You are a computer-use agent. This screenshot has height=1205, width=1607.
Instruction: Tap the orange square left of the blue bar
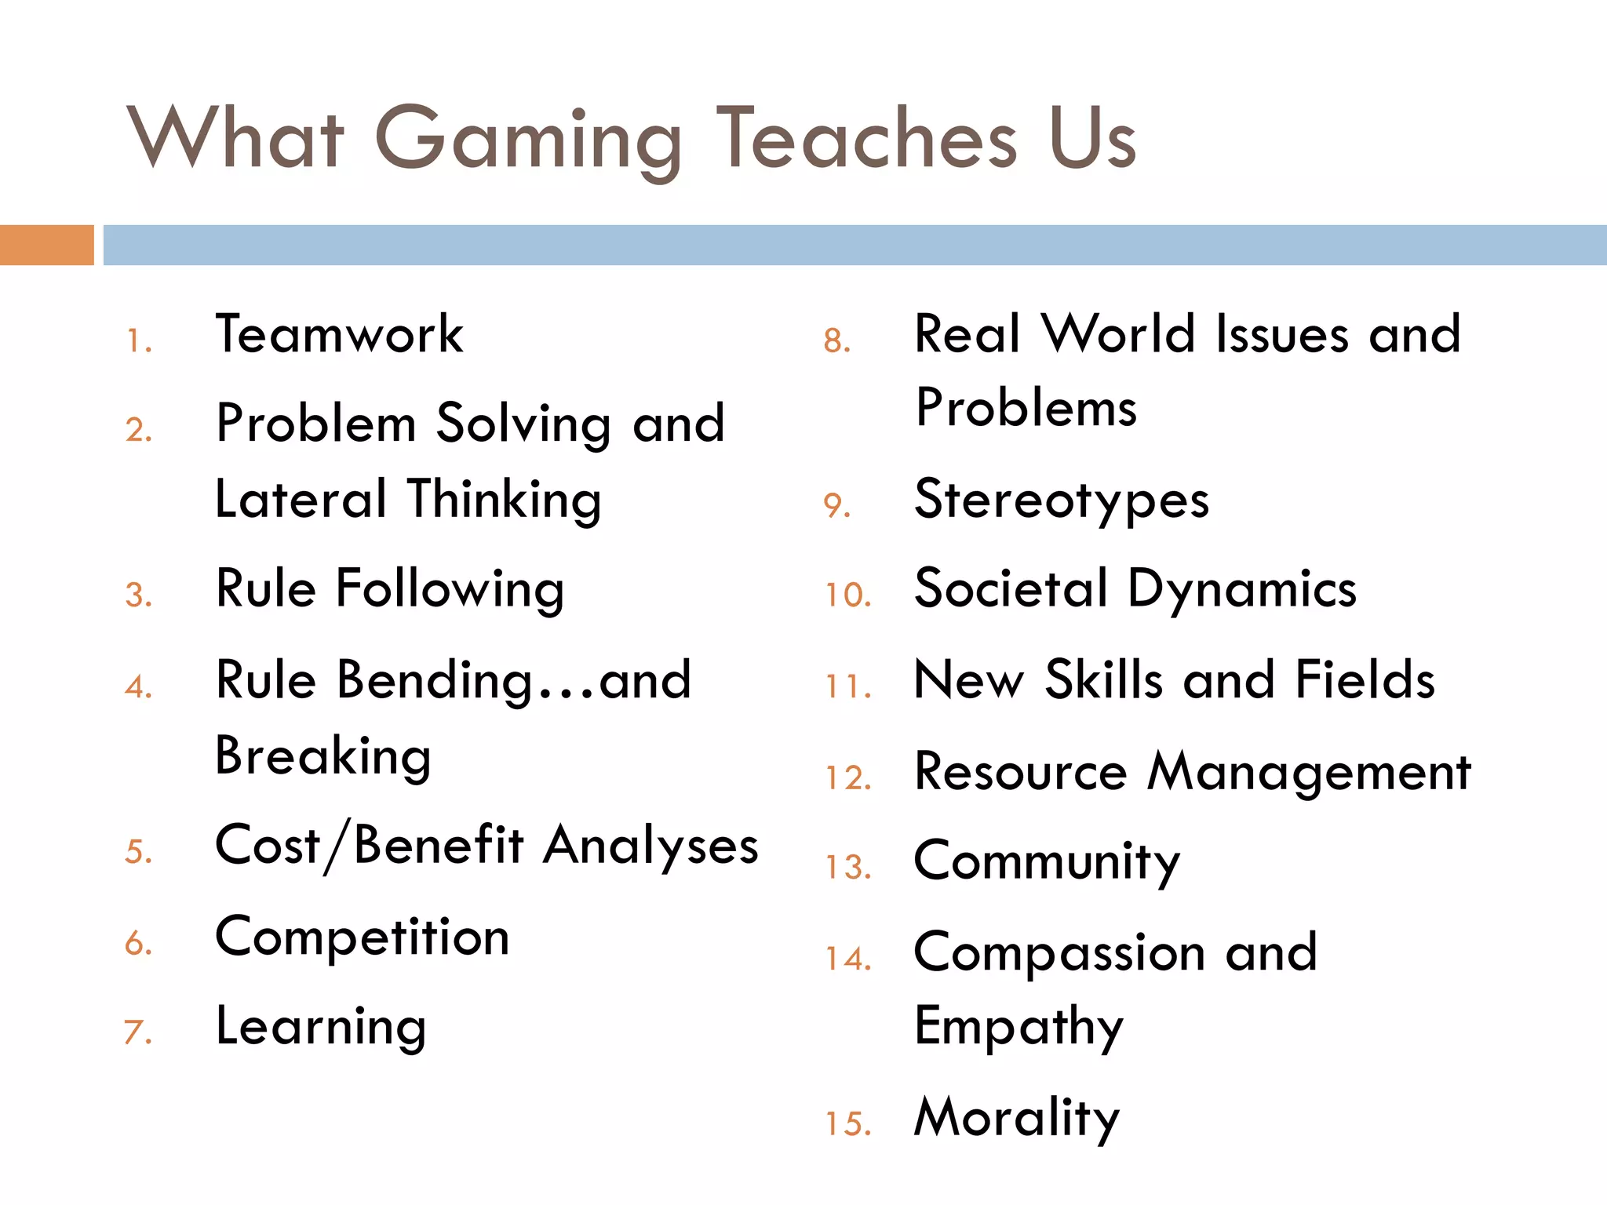pos(46,245)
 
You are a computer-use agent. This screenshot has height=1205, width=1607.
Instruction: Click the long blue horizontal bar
pos(855,245)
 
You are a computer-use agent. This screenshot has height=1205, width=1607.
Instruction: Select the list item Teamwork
pos(339,335)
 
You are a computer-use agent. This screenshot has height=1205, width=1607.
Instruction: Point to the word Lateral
pos(301,500)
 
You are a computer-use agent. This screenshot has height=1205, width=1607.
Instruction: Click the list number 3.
pos(138,595)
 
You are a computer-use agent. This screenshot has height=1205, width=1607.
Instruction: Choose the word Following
pos(450,589)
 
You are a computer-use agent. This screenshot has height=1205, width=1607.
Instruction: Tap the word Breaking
pos(323,757)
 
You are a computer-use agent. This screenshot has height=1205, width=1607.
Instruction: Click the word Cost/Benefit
pos(370,846)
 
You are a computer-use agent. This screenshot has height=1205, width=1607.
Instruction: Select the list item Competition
pos(363,937)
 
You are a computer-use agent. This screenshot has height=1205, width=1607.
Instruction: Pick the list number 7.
pos(138,1032)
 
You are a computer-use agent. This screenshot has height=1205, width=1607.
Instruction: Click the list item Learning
pos(321,1028)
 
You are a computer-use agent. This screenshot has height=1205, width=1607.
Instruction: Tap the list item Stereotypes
pos(1062,501)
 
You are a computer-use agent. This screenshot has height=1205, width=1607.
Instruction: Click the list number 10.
pos(848,595)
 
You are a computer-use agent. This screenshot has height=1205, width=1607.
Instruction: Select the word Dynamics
pos(1242,590)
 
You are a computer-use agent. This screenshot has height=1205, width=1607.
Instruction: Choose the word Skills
pos(1104,680)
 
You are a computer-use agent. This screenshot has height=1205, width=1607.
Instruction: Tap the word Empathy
pos(1019,1028)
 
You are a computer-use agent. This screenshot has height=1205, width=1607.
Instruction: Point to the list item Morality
pos(1017,1119)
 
